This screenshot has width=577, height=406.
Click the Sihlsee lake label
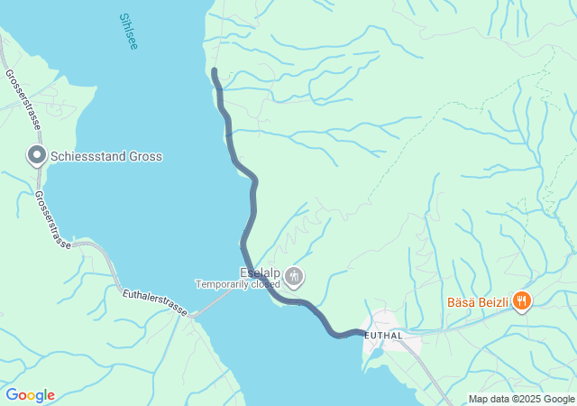pos(129,31)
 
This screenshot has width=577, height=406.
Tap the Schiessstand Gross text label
pos(106,157)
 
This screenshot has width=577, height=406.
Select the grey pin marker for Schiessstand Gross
pos(37,156)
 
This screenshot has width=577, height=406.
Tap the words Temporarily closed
pos(238,284)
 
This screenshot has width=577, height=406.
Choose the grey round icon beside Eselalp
pos(294,275)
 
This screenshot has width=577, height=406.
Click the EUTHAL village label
pos(384,336)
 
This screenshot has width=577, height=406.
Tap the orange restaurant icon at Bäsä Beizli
pos(521,300)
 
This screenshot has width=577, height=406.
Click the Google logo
pos(31,395)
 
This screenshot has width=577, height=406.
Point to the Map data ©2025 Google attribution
pos(521,399)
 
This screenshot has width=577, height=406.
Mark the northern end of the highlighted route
pos(215,70)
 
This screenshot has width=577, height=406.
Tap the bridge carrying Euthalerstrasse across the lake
pos(212,306)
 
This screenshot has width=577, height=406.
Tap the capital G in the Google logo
pos(12,395)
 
